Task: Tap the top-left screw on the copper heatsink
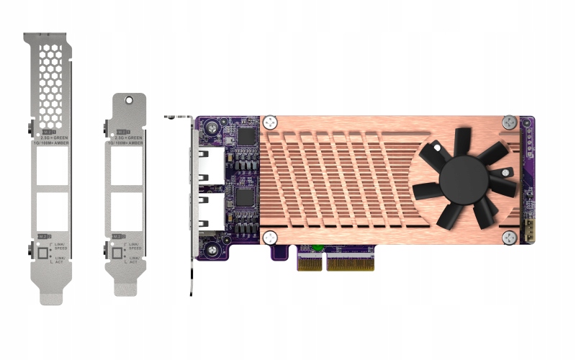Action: tap(270, 122)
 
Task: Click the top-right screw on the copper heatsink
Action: tap(509, 122)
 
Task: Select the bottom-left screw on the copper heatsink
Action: tap(270, 238)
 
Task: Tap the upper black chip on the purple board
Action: tap(247, 136)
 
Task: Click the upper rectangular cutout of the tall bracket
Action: tap(52, 171)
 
